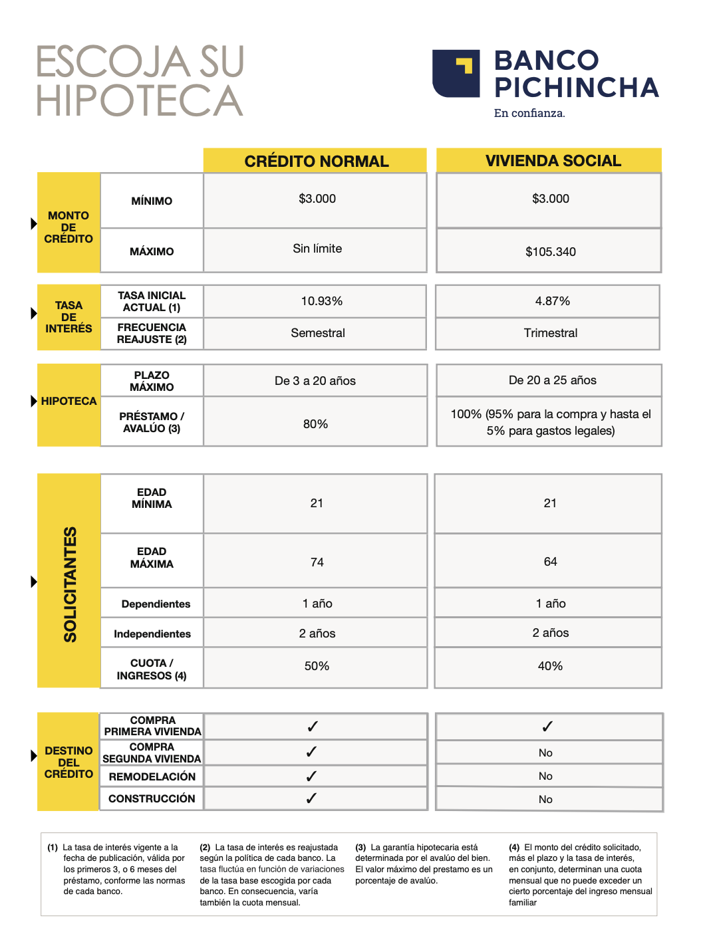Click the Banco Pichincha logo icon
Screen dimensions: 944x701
pos(456,73)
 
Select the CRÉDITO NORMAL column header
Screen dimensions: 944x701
pos(316,161)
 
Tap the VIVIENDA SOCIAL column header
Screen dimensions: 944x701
pos(553,161)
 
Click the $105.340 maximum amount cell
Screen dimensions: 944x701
pos(550,251)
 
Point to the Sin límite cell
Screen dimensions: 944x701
pos(317,249)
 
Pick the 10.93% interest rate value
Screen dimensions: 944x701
pos(321,301)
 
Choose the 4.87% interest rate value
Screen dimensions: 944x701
pos(552,301)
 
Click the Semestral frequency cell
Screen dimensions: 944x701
pos(317,333)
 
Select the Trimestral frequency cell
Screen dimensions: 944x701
pos(550,333)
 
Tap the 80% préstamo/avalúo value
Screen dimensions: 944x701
pos(315,424)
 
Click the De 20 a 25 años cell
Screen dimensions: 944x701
pos(552,380)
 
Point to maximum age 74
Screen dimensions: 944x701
pos(317,562)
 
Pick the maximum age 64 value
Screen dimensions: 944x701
pos(550,562)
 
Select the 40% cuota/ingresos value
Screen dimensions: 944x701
pos(550,666)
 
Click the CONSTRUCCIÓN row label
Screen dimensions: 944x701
pos(152,798)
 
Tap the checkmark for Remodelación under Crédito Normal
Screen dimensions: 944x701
pos(311,776)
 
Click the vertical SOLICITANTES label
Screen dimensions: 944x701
pos(70,584)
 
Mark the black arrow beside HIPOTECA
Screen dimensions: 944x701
pos(34,401)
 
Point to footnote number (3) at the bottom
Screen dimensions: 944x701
pos(360,848)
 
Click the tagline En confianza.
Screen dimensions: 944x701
pos(529,113)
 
